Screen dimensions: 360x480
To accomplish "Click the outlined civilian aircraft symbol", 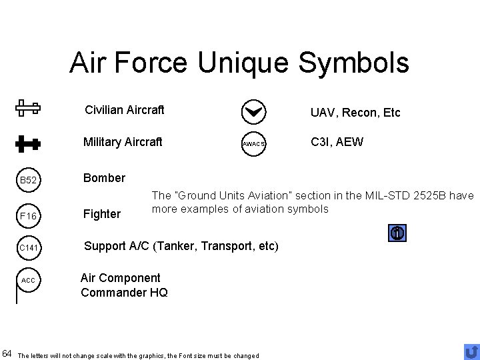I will [28, 108].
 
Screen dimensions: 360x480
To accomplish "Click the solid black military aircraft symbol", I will [28, 142].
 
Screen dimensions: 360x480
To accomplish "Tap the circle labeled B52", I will [28, 181].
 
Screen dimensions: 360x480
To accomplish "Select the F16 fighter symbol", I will [28, 216].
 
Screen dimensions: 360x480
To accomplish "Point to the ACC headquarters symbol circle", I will [28, 280].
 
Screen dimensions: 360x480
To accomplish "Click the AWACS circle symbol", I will [253, 144].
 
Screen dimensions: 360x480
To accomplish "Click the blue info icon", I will [397, 233].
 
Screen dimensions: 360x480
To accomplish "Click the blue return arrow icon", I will [471, 351].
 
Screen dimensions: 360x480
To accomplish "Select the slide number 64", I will [7, 351].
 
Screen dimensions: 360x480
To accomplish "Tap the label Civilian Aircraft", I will [124, 109].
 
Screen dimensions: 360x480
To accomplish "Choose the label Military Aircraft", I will [122, 142].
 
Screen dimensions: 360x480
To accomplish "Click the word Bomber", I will [103, 178].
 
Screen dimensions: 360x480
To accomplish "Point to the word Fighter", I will [101, 214].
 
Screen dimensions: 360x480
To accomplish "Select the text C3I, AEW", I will [337, 141].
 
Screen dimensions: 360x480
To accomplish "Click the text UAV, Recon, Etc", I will [355, 113].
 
